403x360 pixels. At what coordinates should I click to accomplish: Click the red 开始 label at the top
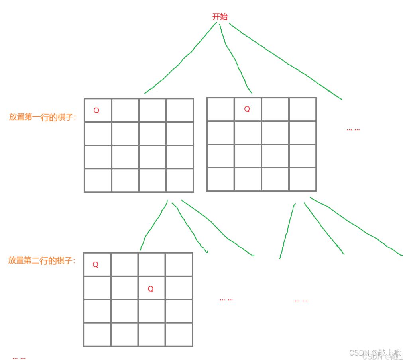pos(220,17)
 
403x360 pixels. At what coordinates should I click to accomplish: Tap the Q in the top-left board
pos(97,110)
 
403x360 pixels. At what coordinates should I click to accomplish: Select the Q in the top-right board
pos(247,109)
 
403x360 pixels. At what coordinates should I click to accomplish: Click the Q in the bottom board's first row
pos(96,264)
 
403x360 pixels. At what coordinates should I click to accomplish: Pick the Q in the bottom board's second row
pos(151,289)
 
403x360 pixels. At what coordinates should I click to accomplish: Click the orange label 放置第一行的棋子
pos(42,117)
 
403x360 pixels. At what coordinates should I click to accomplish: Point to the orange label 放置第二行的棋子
pos(42,261)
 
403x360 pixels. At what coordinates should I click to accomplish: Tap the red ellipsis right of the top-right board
pos(353,129)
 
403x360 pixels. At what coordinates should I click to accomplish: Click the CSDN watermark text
pos(375,353)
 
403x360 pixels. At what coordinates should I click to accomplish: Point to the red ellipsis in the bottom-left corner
pos(19,358)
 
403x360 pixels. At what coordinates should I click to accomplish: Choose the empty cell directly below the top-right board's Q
pos(248,133)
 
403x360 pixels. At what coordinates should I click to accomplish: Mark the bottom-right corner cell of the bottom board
pos(179,335)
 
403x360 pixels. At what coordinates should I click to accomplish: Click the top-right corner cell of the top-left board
pos(180,110)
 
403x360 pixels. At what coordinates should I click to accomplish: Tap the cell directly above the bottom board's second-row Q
pos(151,264)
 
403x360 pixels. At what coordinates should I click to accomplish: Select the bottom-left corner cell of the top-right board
pos(220,180)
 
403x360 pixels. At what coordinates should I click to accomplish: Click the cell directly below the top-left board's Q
pos(98,134)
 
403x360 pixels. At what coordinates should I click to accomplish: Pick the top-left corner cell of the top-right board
pos(220,109)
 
